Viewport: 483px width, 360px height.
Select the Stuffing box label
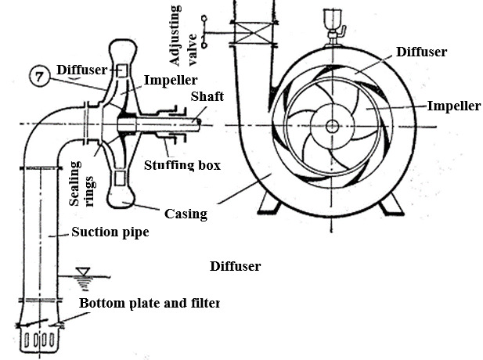(182, 165)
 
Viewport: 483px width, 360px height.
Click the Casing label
(185, 213)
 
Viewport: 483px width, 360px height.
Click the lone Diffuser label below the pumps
(235, 266)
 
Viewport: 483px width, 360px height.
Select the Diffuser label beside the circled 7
(86, 70)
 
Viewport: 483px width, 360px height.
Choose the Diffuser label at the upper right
(421, 52)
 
